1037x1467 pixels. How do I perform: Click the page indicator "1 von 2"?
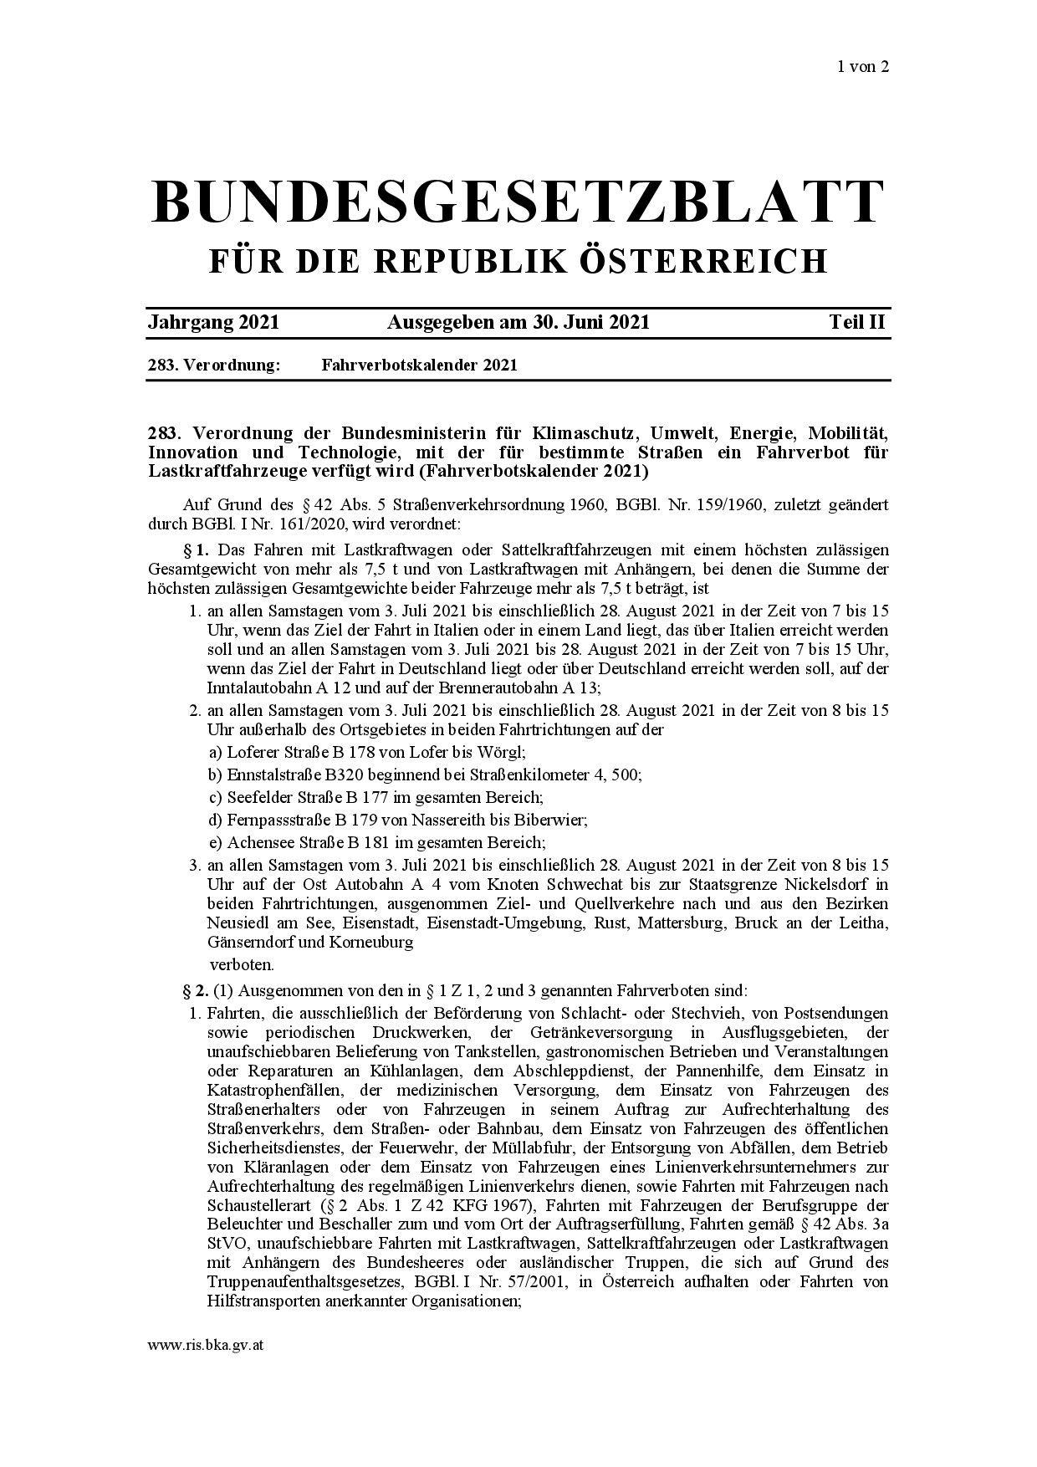click(862, 67)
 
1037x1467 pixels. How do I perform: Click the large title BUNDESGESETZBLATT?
click(518, 202)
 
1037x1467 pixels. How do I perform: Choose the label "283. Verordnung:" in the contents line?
click(213, 365)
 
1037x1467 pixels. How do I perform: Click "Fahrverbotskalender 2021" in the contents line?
click(419, 365)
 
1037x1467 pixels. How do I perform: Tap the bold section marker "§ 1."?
click(195, 549)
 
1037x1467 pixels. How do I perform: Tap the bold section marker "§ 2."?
click(195, 991)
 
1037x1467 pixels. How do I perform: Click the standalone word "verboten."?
click(242, 964)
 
